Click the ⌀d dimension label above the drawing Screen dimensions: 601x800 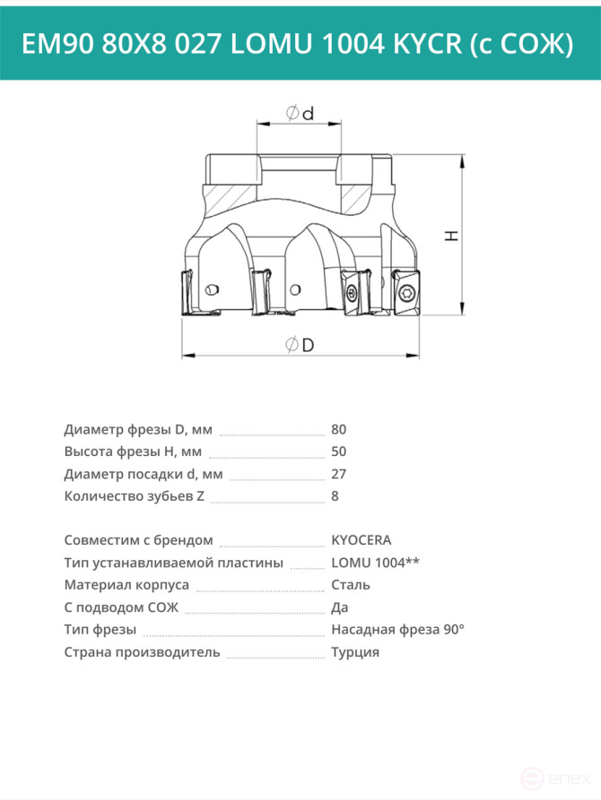point(300,113)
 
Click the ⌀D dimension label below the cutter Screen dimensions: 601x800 point(300,345)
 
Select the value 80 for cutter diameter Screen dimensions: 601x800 point(338,430)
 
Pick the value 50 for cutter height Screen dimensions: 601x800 point(338,452)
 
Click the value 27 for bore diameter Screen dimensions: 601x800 point(338,474)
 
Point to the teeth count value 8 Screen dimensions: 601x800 point(335,496)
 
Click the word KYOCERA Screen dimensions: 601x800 point(361,540)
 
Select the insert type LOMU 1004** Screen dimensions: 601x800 point(375,563)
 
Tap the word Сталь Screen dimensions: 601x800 point(351,585)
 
